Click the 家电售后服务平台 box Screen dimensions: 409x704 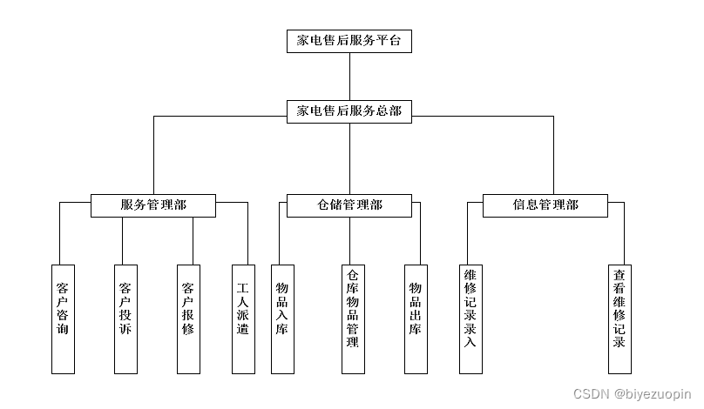point(349,41)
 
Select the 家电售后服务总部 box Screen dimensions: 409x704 point(349,111)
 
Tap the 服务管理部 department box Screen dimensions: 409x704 point(153,205)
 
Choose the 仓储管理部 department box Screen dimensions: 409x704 point(349,205)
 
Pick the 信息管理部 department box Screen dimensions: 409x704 point(545,205)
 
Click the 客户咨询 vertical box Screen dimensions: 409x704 point(63,318)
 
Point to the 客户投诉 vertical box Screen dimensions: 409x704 point(125,318)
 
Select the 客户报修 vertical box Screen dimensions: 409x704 point(188,318)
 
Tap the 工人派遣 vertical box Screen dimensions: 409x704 point(243,318)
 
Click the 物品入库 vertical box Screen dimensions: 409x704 point(281,318)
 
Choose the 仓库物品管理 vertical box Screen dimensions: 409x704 point(351,318)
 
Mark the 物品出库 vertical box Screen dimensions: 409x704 point(416,318)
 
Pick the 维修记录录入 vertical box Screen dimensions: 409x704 point(470,318)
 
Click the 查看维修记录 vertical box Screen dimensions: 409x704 point(619,318)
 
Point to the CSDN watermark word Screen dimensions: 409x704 point(592,393)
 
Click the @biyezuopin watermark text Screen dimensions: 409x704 point(652,393)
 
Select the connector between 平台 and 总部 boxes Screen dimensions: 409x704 point(349,76)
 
